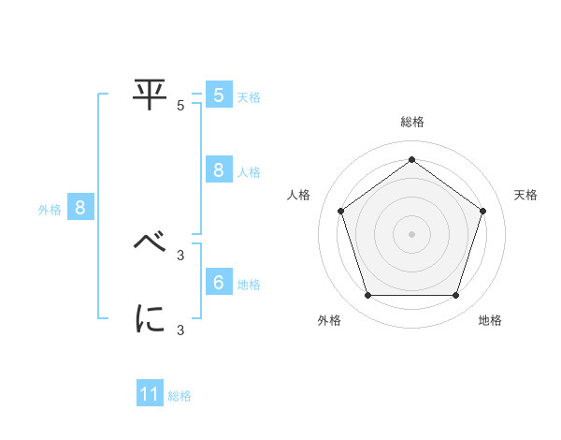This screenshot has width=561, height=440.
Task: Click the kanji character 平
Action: tap(150, 93)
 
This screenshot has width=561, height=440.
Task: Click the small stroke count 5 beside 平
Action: tap(180, 106)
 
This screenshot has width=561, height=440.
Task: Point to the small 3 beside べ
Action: tap(180, 255)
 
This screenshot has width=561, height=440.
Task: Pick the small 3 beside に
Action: tap(180, 330)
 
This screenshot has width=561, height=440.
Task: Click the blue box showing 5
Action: tap(218, 95)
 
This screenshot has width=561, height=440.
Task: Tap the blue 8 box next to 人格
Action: tap(218, 170)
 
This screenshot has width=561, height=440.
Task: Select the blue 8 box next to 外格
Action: tap(80, 208)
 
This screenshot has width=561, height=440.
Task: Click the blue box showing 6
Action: tap(218, 283)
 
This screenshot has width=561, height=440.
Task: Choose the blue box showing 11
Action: tap(150, 394)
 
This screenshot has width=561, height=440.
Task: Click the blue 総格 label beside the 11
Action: tap(180, 396)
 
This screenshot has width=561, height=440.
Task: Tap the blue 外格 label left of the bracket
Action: tap(50, 210)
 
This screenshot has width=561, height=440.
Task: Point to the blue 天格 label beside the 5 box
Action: tap(249, 96)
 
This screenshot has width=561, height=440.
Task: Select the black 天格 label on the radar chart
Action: tap(525, 195)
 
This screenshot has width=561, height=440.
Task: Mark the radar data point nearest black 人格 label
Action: tap(341, 211)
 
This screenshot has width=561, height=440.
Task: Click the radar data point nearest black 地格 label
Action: tap(455, 296)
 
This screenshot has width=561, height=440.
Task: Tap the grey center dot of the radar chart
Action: tap(411, 233)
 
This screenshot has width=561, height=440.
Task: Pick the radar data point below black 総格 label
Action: tap(411, 159)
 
